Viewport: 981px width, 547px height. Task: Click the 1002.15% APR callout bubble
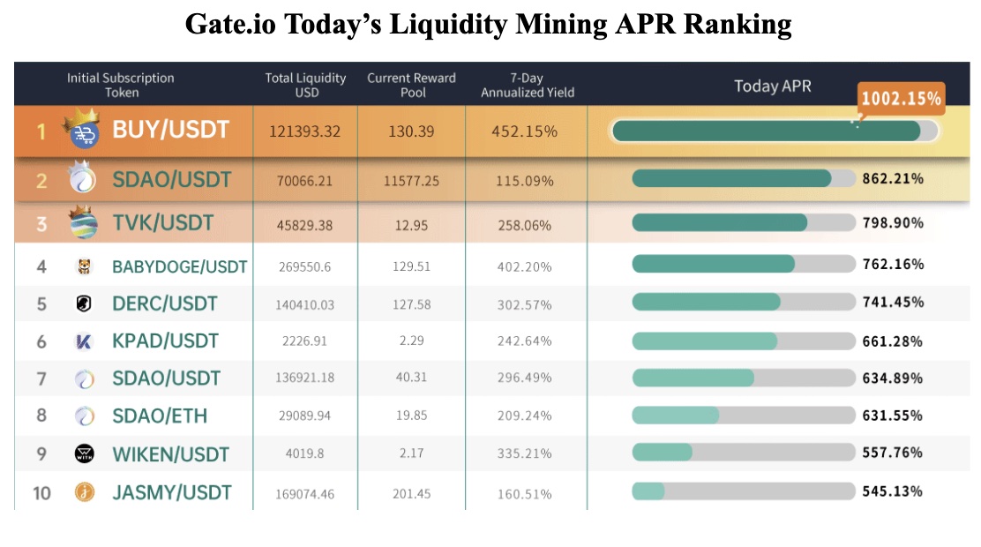901,99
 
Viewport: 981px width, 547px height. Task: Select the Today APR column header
772,86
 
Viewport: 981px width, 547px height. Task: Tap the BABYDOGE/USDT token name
180,266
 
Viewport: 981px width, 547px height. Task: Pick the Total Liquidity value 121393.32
304,131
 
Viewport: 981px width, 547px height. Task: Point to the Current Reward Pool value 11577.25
411,181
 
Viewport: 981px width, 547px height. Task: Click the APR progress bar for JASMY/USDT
743,491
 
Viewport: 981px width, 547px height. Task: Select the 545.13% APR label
893,491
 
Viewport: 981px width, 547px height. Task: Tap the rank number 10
41,492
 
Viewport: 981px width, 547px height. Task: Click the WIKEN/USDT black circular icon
83,454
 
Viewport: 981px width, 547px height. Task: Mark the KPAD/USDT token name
165,341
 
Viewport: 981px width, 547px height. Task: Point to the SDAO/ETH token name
160,416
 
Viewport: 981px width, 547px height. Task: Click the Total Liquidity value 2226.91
304,341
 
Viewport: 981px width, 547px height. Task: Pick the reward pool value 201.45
411,493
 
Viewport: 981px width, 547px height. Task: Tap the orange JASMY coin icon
83,492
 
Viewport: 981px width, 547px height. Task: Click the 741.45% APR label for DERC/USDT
893,303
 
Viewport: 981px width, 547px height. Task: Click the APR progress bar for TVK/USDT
743,222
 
